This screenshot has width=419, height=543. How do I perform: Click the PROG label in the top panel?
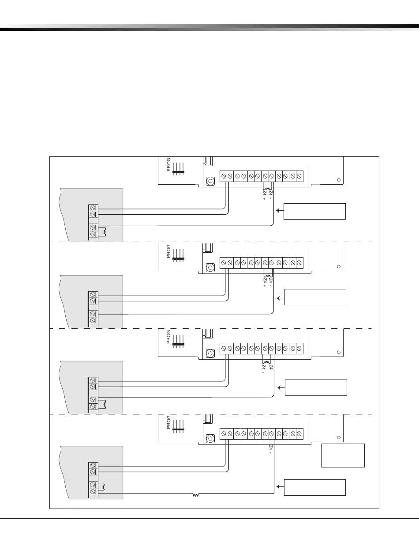point(168,165)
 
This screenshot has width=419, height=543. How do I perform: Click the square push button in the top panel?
point(210,181)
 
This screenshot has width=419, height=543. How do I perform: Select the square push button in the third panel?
point(210,353)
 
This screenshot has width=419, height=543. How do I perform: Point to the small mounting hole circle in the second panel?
point(339,266)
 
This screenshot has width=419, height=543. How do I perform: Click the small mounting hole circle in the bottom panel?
point(339,437)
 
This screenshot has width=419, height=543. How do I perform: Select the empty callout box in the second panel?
point(315,297)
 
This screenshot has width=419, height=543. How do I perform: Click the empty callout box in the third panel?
point(316,387)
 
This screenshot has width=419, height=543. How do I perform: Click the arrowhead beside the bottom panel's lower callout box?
point(278,487)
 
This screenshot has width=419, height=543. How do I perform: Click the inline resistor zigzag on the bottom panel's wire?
point(196,495)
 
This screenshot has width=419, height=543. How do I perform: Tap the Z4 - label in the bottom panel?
point(270,449)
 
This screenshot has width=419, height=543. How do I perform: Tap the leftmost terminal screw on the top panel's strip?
point(224,176)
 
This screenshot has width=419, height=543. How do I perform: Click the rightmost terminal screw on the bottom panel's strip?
point(299,434)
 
